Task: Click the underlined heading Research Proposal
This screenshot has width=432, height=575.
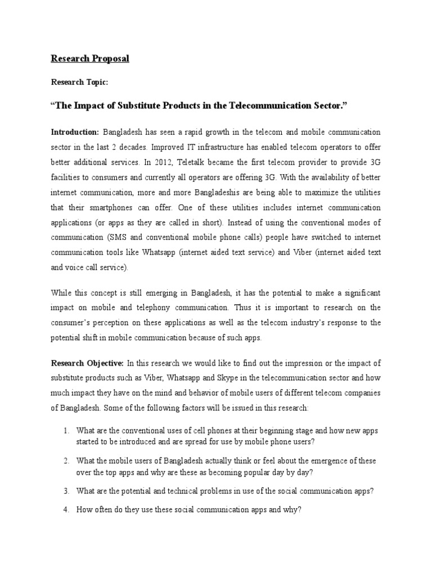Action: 90,58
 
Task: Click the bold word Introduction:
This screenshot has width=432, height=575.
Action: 75,132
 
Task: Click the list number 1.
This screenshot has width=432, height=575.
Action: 66,431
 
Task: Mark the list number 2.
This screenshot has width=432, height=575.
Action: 66,460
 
